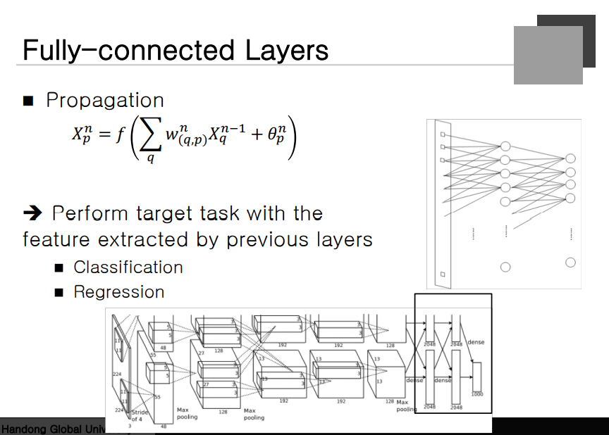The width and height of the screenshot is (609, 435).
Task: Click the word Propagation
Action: click(x=104, y=101)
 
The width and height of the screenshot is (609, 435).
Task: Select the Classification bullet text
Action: click(x=128, y=267)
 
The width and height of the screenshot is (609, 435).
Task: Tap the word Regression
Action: click(x=119, y=292)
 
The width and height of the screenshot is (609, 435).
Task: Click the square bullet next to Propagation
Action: click(x=28, y=101)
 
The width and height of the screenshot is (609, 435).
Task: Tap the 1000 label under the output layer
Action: click(x=477, y=393)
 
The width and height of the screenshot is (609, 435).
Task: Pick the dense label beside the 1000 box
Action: click(x=476, y=343)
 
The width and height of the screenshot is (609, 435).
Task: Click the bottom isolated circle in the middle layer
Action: click(x=505, y=267)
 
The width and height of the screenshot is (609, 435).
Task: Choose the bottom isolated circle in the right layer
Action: click(x=570, y=263)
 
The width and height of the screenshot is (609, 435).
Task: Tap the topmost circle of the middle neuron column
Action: click(x=505, y=146)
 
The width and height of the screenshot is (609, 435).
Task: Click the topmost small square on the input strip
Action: click(x=442, y=134)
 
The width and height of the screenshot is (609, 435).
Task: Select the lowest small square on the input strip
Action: click(x=442, y=274)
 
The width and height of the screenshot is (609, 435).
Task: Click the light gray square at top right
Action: click(x=548, y=55)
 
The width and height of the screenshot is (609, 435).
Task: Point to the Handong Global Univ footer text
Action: click(x=50, y=429)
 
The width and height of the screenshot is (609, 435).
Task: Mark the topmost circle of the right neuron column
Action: click(x=570, y=158)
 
